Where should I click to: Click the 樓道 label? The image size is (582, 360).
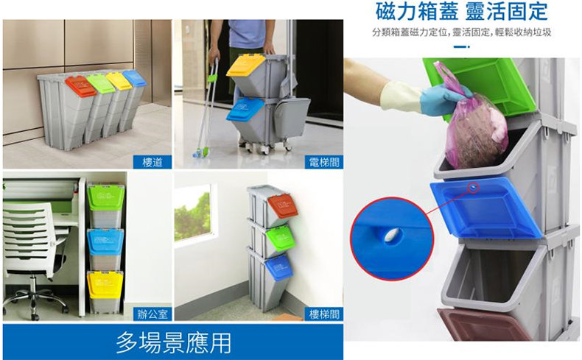tap(152, 163)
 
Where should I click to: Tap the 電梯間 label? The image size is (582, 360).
tap(324, 163)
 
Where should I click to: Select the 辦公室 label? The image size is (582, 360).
tap(152, 314)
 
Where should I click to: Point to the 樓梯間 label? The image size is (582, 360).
tap(324, 314)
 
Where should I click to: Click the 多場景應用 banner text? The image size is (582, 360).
tap(173, 342)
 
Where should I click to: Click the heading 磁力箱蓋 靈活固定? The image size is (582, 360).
tap(461, 11)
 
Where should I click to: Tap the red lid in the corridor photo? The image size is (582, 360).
tap(80, 85)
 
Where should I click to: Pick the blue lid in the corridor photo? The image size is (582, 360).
tap(134, 77)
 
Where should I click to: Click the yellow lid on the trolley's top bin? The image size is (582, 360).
tap(246, 66)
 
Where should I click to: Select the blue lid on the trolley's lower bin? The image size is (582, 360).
tap(245, 109)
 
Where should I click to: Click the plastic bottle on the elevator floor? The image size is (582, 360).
tap(200, 152)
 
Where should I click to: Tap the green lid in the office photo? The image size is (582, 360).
tap(106, 197)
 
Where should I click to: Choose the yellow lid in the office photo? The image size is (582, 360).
tap(105, 284)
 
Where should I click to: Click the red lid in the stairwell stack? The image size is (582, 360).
tap(283, 206)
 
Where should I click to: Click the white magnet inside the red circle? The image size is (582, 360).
tap(392, 235)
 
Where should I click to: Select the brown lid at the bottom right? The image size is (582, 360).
tap(480, 325)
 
